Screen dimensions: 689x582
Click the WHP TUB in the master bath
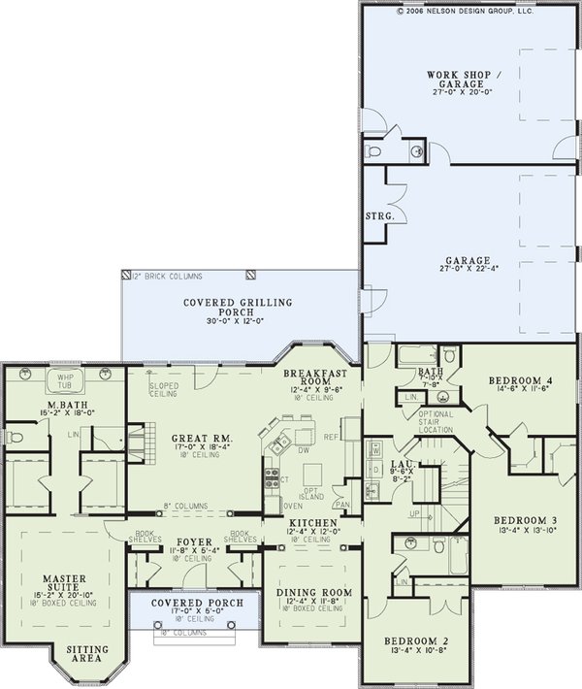coord(65,379)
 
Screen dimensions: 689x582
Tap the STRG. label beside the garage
coord(377,216)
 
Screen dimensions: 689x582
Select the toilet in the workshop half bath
coord(375,151)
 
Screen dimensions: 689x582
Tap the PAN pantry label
coord(341,505)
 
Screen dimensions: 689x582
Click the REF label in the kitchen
coord(332,437)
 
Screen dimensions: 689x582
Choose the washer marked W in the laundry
coord(375,449)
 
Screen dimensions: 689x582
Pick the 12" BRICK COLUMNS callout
coord(159,278)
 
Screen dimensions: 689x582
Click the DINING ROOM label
coord(312,593)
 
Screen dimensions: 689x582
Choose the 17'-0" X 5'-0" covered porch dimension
coord(189,610)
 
